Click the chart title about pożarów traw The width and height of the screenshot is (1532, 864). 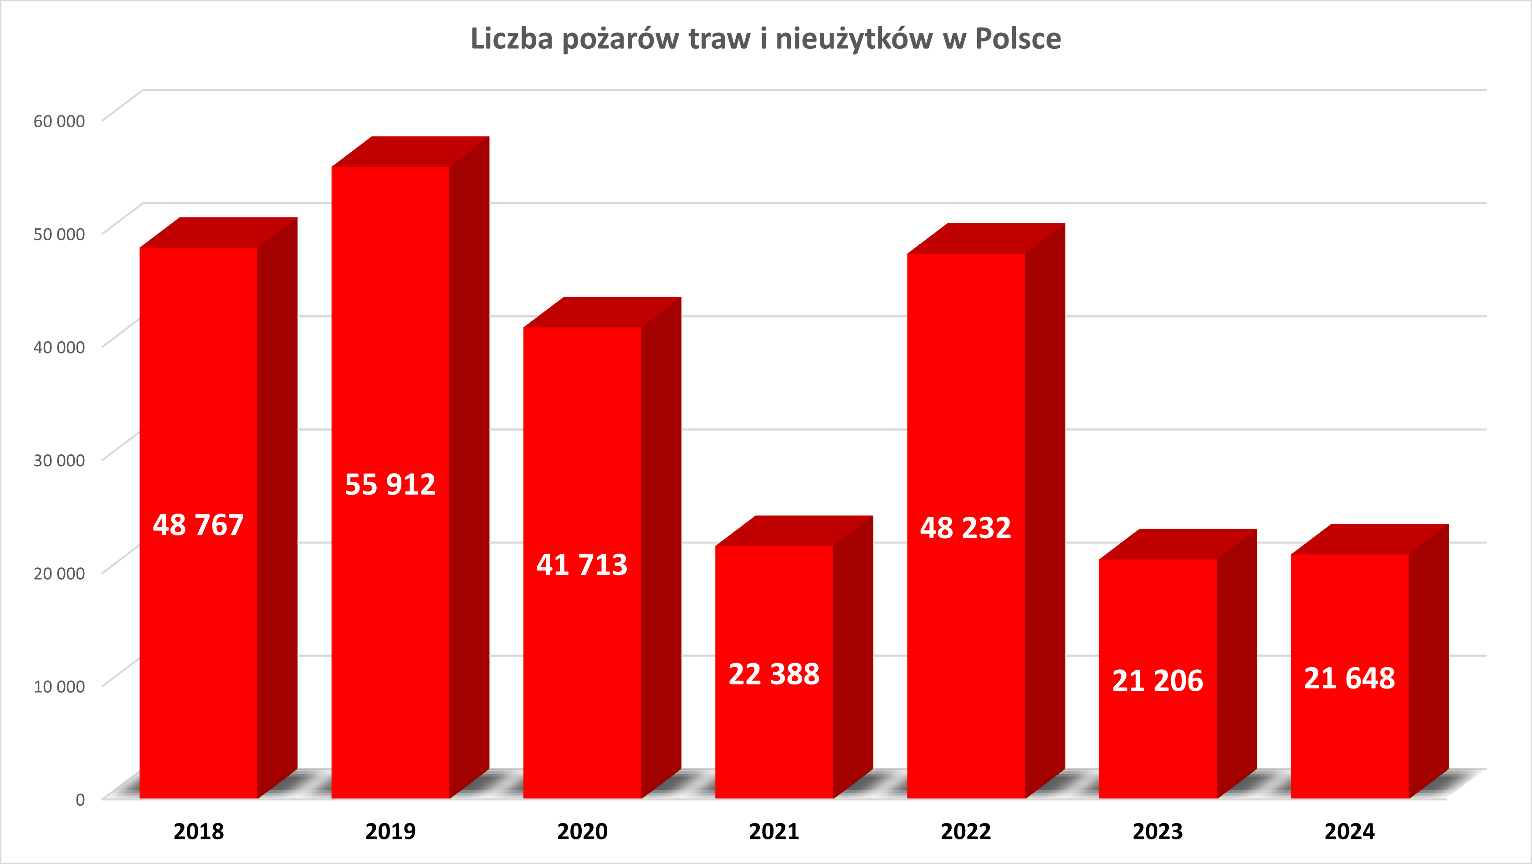coord(765,39)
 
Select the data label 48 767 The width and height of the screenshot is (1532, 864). coord(198,525)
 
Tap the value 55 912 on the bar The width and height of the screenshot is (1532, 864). coord(390,484)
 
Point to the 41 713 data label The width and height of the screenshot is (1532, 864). coord(582,565)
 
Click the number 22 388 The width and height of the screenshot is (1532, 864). coord(774,674)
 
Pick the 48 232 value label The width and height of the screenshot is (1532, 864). coord(965,528)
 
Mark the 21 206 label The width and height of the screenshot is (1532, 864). coord(1158,681)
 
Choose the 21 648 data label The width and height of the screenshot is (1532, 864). coord(1349,679)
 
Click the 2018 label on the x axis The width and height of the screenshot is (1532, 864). coord(199,831)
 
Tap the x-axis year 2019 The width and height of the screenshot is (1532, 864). coord(390,831)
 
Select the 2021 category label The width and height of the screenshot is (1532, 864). coord(774,831)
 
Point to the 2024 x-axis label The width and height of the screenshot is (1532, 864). coord(1349,831)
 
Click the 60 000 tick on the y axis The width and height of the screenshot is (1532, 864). coord(59,121)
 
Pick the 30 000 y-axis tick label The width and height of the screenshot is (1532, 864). coord(59,460)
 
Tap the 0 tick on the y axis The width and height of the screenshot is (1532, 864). coord(80,799)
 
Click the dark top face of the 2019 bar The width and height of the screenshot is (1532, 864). coord(410,152)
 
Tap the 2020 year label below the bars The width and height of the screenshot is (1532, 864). coord(582,831)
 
